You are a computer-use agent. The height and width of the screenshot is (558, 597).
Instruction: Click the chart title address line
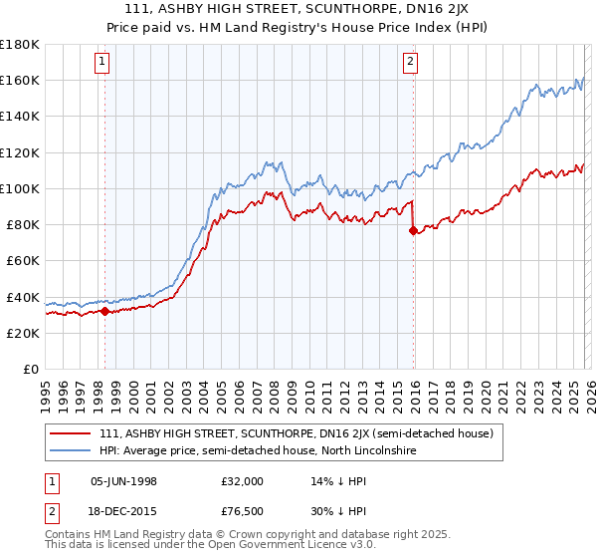tap(298, 9)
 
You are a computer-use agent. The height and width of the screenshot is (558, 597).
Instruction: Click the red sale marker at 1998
tap(104, 311)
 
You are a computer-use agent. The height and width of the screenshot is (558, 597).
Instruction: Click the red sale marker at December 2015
tap(413, 230)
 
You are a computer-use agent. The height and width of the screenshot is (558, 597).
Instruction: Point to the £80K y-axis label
tap(22, 224)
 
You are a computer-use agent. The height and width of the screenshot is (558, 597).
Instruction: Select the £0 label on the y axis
tap(30, 369)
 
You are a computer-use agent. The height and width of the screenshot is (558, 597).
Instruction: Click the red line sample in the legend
tap(70, 433)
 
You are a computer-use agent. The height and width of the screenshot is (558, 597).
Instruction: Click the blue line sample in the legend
tap(70, 451)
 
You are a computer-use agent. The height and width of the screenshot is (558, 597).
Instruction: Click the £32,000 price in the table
tap(242, 480)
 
